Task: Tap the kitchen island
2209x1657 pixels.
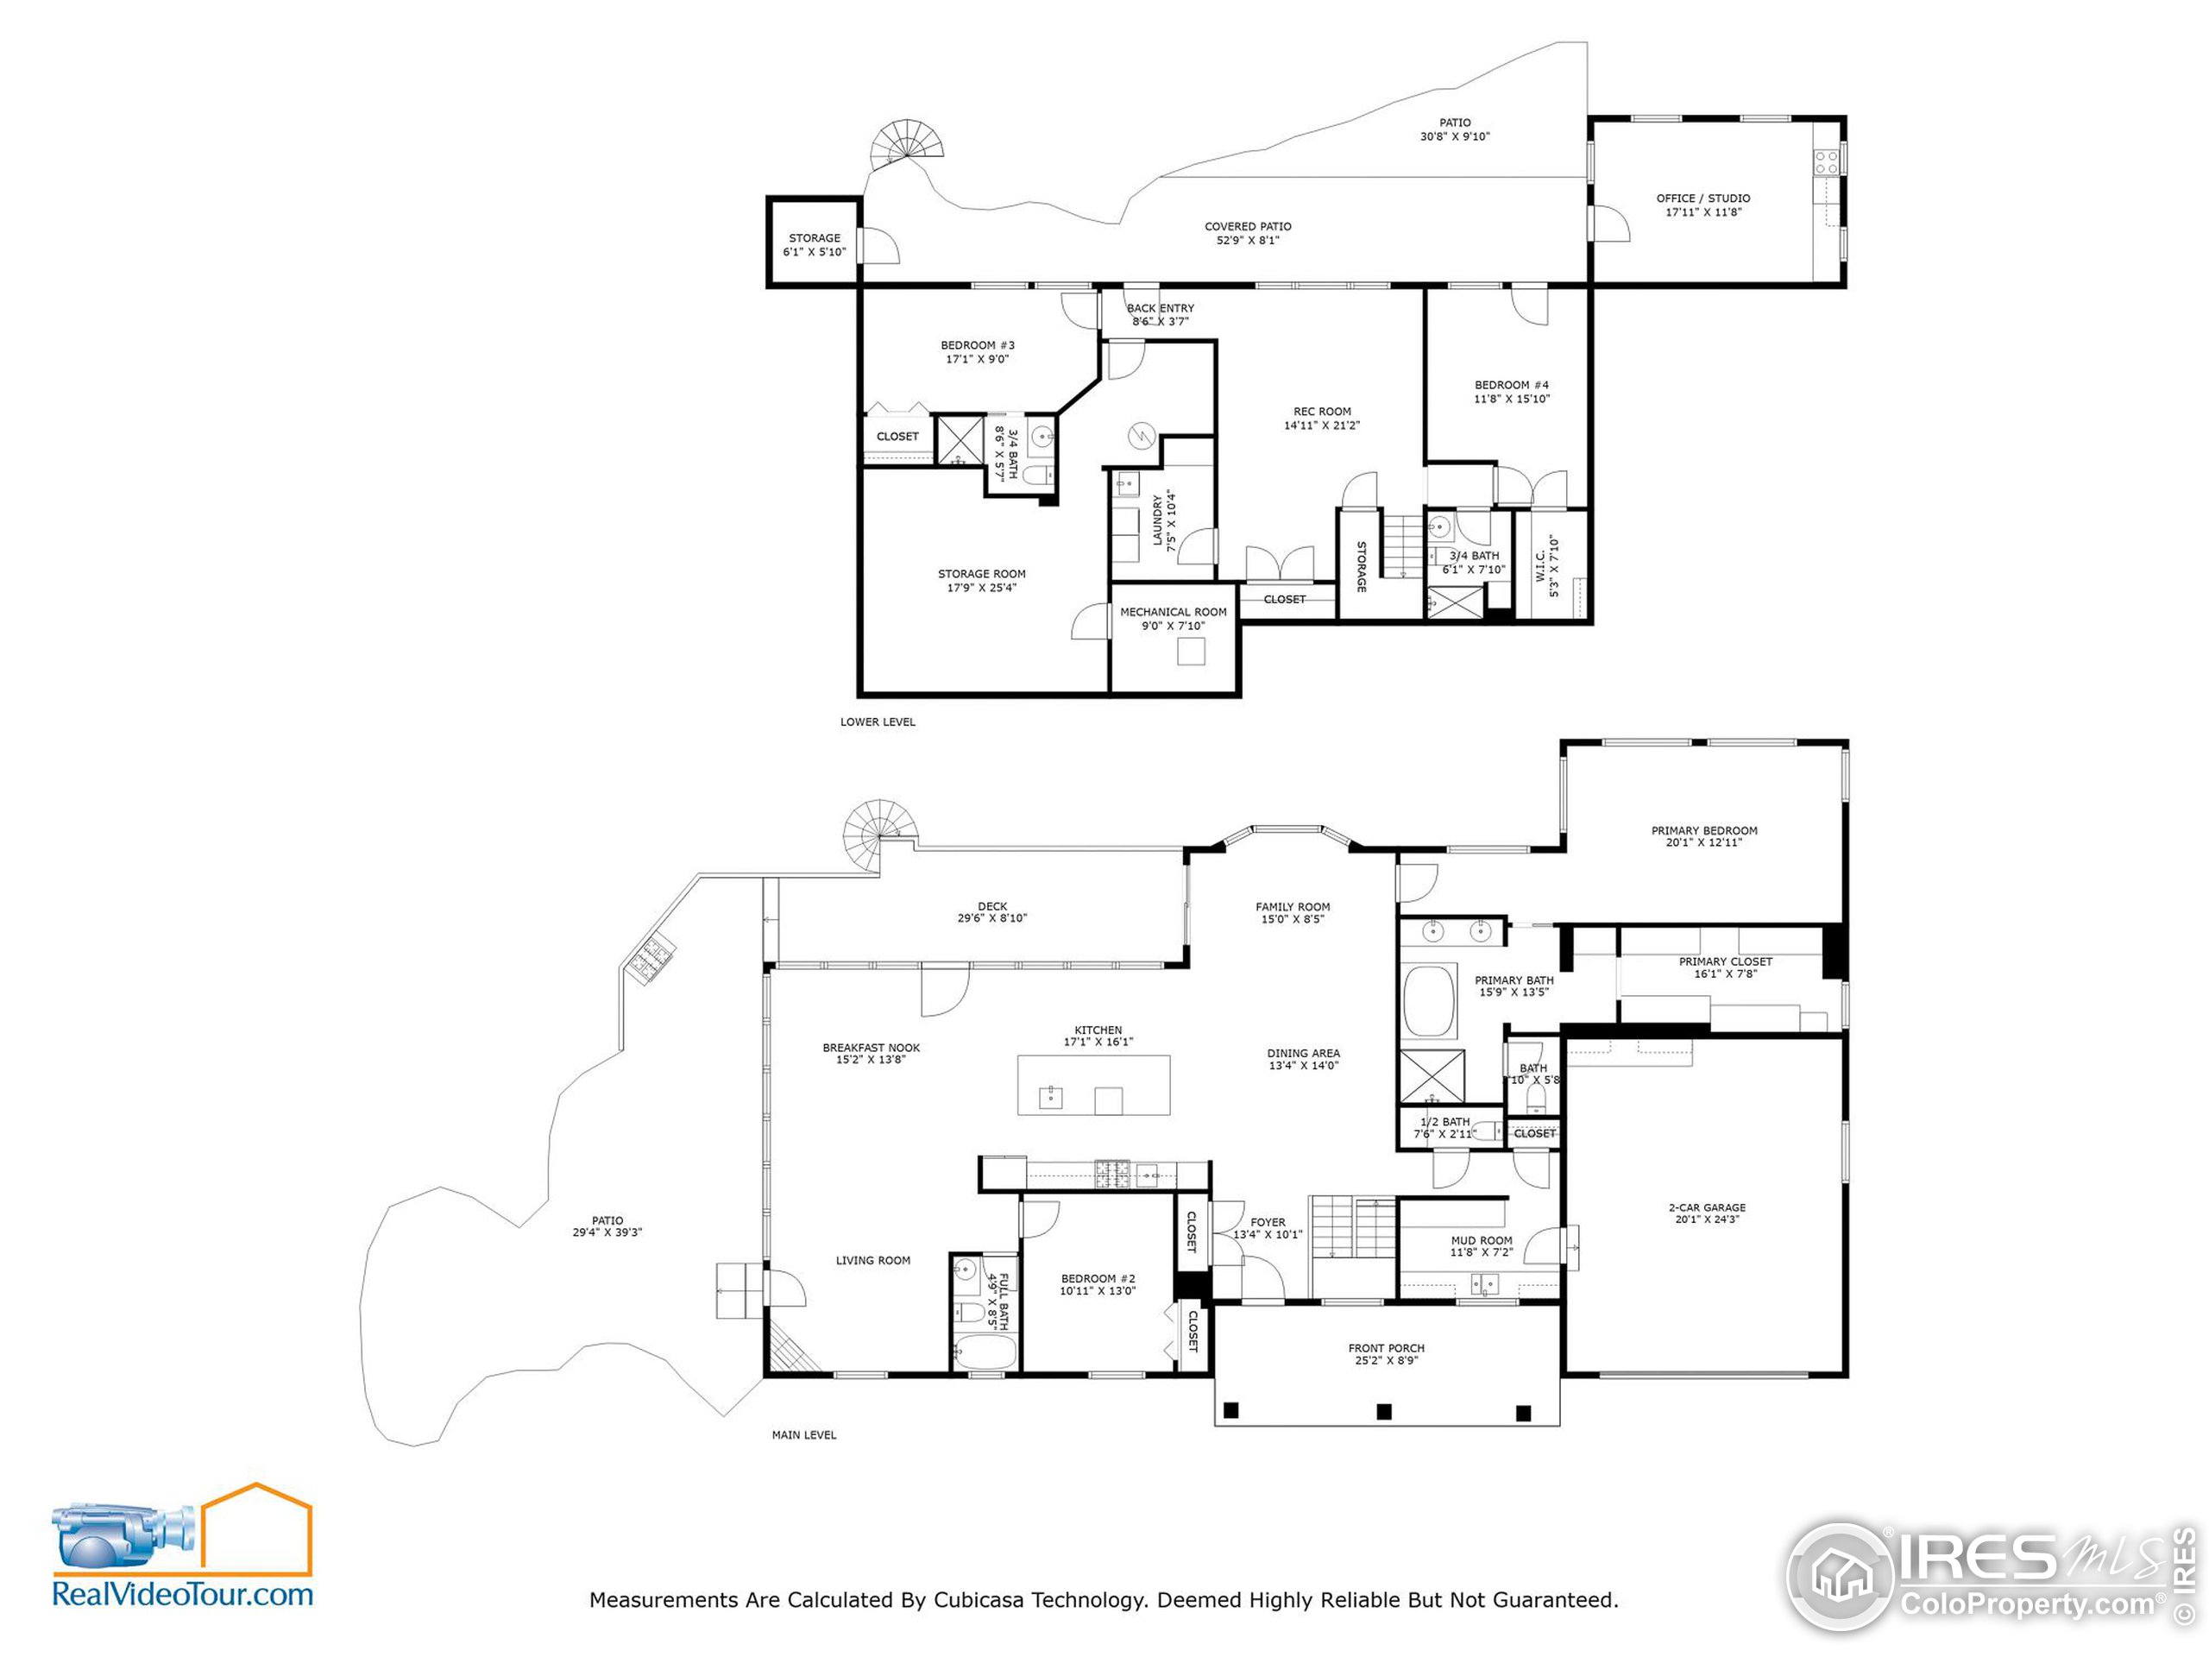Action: [1093, 1086]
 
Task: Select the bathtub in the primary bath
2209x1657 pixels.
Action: [1429, 1002]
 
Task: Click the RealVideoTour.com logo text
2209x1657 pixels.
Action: [183, 1593]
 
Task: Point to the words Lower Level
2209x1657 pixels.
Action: [877, 722]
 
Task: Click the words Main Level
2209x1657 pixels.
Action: [804, 1435]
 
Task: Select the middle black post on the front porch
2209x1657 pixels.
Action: [1384, 1411]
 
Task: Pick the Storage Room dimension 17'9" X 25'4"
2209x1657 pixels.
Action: [982, 588]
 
